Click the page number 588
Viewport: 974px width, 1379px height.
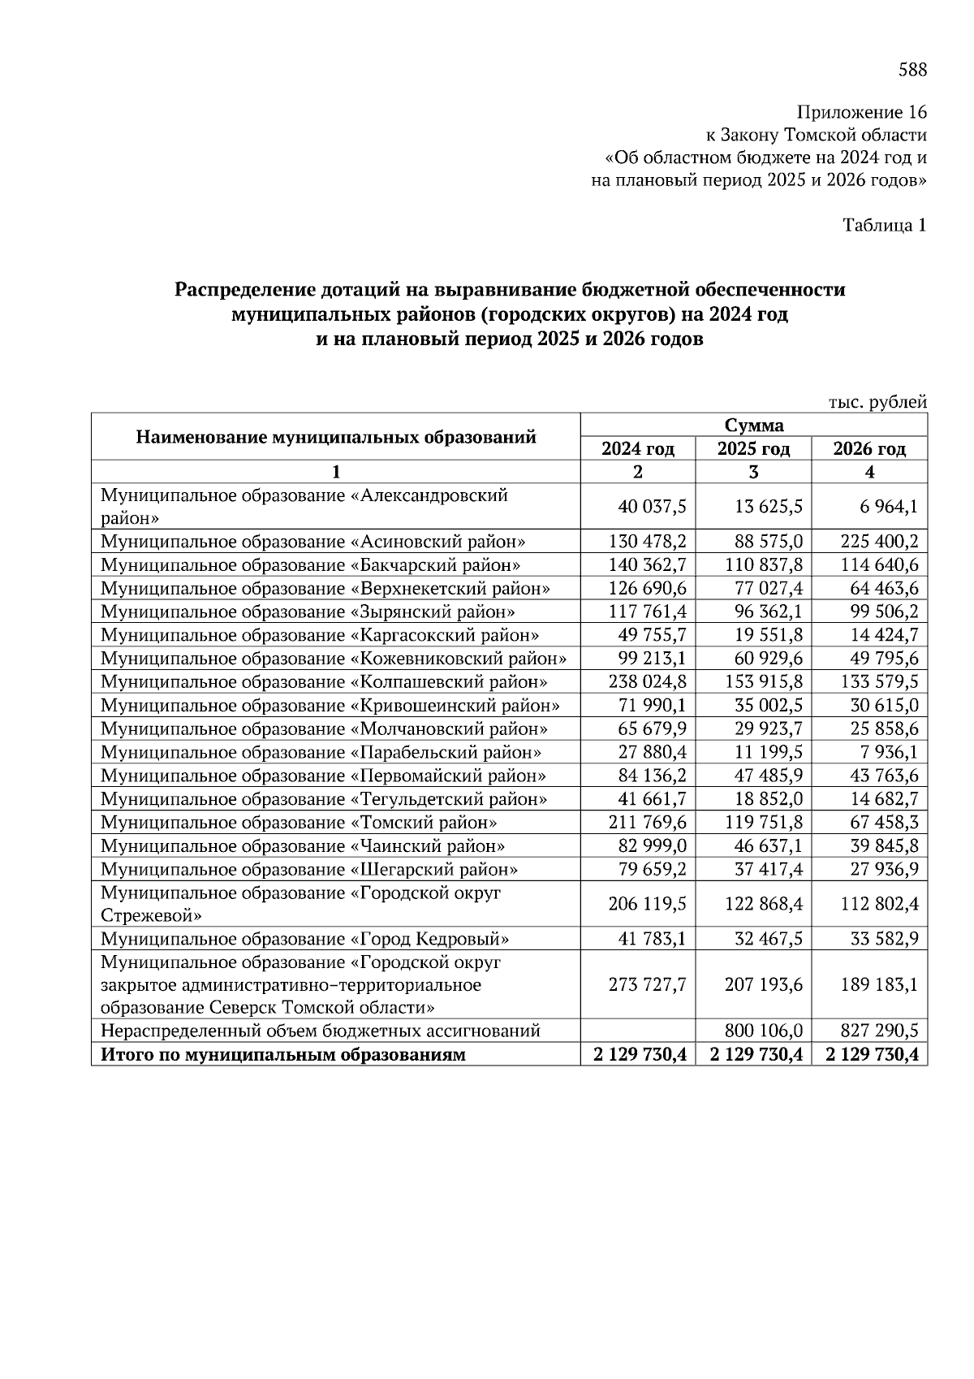tap(912, 70)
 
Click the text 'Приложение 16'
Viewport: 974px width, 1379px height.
tap(862, 112)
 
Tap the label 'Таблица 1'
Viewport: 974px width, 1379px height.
tap(884, 225)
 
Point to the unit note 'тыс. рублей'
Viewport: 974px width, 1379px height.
tap(877, 402)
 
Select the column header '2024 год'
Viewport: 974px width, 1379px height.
tap(637, 448)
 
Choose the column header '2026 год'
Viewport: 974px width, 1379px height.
tap(869, 448)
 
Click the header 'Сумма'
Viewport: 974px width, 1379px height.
tap(754, 425)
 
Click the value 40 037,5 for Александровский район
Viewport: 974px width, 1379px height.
tap(653, 507)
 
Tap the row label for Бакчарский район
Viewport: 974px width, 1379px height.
tap(310, 564)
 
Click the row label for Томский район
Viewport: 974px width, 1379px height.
tap(299, 823)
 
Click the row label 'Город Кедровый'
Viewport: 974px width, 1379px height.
tap(304, 940)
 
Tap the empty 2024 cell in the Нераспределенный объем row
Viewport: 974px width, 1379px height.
tap(638, 1031)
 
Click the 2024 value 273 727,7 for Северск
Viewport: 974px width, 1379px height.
tap(648, 985)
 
